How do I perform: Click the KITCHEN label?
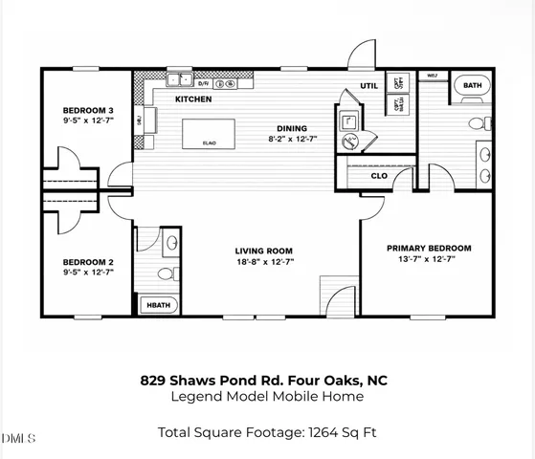(192, 98)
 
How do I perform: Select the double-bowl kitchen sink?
(179, 80)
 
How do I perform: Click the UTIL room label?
(369, 85)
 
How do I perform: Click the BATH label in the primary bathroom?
(471, 85)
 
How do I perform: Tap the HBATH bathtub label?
(154, 306)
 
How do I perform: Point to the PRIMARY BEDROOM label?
(429, 248)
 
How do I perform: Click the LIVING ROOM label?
(265, 251)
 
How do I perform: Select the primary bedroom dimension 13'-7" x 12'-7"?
(429, 258)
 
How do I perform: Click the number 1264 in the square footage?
(323, 433)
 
